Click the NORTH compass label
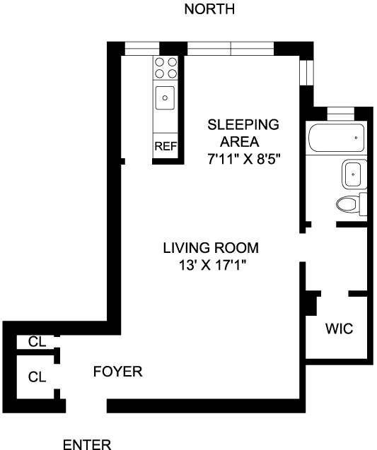[x=209, y=9]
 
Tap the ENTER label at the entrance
[x=87, y=444]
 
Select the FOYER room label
[x=118, y=372]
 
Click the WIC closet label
[x=339, y=328]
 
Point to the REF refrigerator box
[x=166, y=146]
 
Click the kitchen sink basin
[x=165, y=98]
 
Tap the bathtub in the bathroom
[x=337, y=138]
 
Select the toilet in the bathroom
[x=352, y=204]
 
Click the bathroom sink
[x=354, y=174]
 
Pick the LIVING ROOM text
[x=211, y=248]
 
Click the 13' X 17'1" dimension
[x=213, y=265]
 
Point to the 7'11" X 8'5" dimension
[x=243, y=159]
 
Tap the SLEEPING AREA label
[x=243, y=133]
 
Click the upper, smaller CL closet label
[x=37, y=341]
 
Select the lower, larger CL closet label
[x=37, y=377]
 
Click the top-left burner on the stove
[x=159, y=62]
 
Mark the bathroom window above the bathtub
[x=340, y=114]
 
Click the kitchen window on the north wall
[x=142, y=49]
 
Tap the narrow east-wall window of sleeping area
[x=306, y=73]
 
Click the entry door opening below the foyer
[x=86, y=405]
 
